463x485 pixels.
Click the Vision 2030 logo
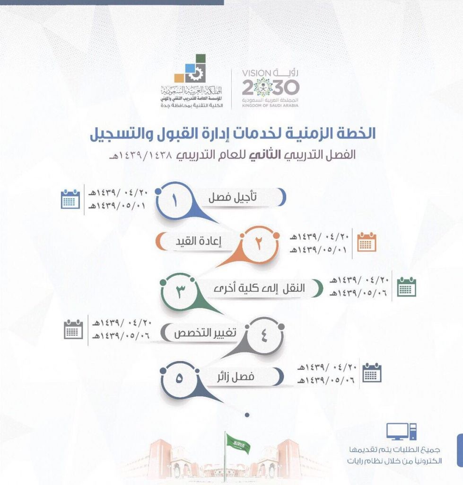[x=271, y=88]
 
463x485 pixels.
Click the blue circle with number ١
[x=175, y=201]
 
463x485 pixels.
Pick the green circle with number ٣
[x=180, y=291]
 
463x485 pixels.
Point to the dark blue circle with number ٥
[x=179, y=379]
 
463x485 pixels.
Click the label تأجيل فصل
[x=232, y=197]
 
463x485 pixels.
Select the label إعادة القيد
[x=198, y=241]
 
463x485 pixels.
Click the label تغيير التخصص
[x=205, y=333]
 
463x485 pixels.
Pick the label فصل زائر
[x=236, y=377]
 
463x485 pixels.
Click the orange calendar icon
[x=367, y=242]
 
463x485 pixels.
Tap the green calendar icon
[x=406, y=287]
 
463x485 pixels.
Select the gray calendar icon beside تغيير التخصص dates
[x=73, y=329]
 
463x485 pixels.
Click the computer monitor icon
[x=401, y=431]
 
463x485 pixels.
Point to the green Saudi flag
[x=238, y=443]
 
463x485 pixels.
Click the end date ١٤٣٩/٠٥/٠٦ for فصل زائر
[x=326, y=380]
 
